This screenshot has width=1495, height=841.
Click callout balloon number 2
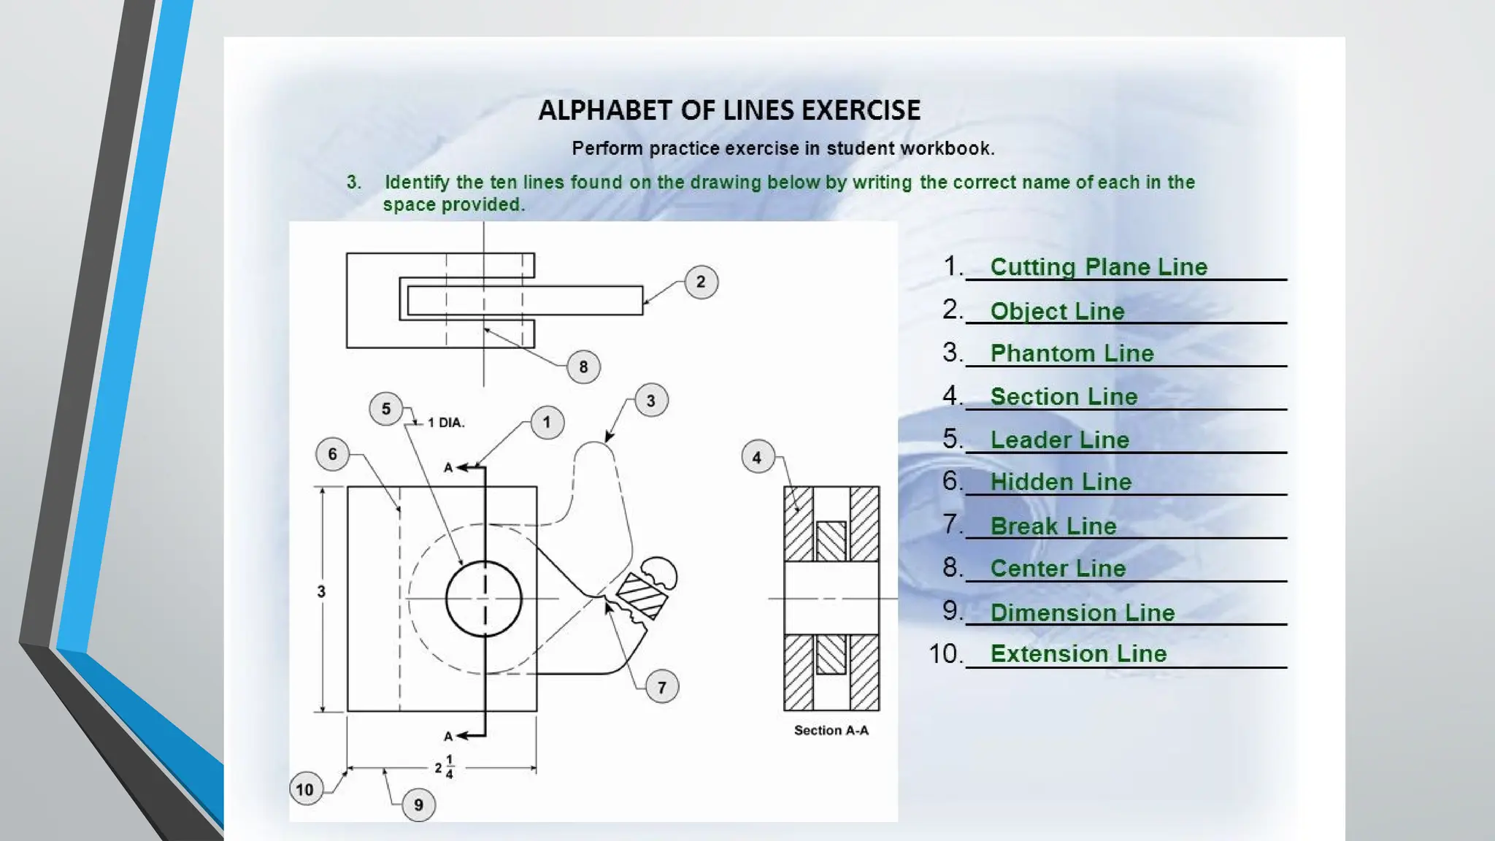pyautogui.click(x=701, y=282)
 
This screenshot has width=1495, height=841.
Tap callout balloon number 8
pyautogui.click(x=583, y=366)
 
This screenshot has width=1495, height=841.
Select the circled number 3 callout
pyautogui.click(x=650, y=400)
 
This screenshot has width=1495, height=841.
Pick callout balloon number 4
pyautogui.click(x=757, y=457)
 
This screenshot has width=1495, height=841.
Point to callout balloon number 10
pyautogui.click(x=305, y=789)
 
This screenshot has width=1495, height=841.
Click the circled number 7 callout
pyautogui.click(x=661, y=687)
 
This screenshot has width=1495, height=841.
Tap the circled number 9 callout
pyautogui.click(x=418, y=804)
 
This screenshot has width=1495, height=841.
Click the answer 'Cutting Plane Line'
pyautogui.click(x=1099, y=267)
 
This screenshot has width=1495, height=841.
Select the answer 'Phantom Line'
pyautogui.click(x=1072, y=353)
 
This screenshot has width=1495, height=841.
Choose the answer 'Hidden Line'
pyautogui.click(x=1061, y=482)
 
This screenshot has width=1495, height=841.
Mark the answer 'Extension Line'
pyautogui.click(x=1078, y=653)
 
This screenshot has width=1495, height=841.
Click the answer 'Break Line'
pyautogui.click(x=1053, y=526)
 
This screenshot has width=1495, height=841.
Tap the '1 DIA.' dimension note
pyautogui.click(x=446, y=423)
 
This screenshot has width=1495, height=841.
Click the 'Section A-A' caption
pyautogui.click(x=831, y=730)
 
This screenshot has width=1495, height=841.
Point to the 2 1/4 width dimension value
pyautogui.click(x=444, y=767)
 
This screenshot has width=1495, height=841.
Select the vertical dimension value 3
pyautogui.click(x=321, y=591)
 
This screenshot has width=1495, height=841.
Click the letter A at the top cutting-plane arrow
pyautogui.click(x=448, y=467)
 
